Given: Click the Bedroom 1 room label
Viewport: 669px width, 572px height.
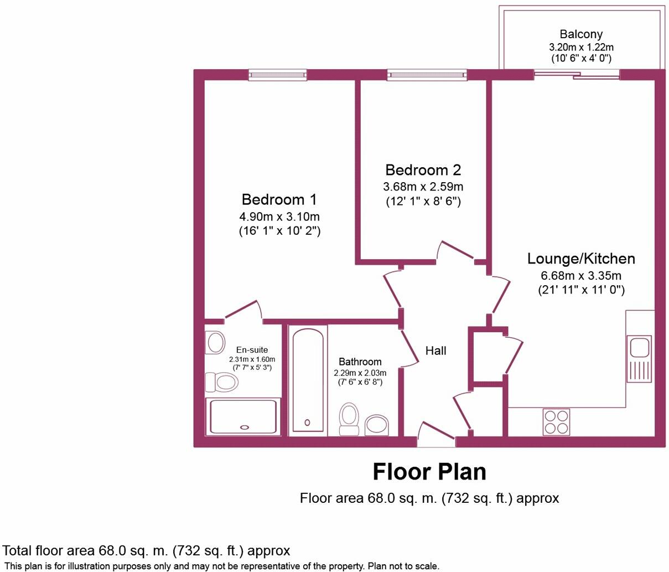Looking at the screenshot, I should [x=279, y=199].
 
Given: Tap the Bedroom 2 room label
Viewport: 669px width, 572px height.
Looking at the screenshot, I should [x=423, y=169].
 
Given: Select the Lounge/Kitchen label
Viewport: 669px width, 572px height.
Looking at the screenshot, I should [x=581, y=259].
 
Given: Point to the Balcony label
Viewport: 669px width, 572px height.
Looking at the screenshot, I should [x=580, y=34].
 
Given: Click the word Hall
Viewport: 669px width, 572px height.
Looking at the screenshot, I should [x=435, y=351].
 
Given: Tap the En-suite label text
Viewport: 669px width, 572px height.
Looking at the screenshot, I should [x=252, y=350].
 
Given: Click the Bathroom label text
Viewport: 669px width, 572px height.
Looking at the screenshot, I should [x=360, y=362].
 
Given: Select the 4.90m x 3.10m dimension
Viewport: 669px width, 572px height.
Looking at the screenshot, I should [x=279, y=216].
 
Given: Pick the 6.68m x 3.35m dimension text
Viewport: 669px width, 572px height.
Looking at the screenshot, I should [x=581, y=276].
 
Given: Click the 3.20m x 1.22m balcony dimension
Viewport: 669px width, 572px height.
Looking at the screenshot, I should [x=580, y=47].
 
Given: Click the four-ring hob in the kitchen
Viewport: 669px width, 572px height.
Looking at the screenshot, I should [x=556, y=421].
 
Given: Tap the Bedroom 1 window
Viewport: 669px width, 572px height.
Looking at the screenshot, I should [x=277, y=74].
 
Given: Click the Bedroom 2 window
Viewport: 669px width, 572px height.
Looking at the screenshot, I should [x=427, y=74].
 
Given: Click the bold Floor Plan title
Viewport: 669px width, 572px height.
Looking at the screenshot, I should [x=429, y=472].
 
